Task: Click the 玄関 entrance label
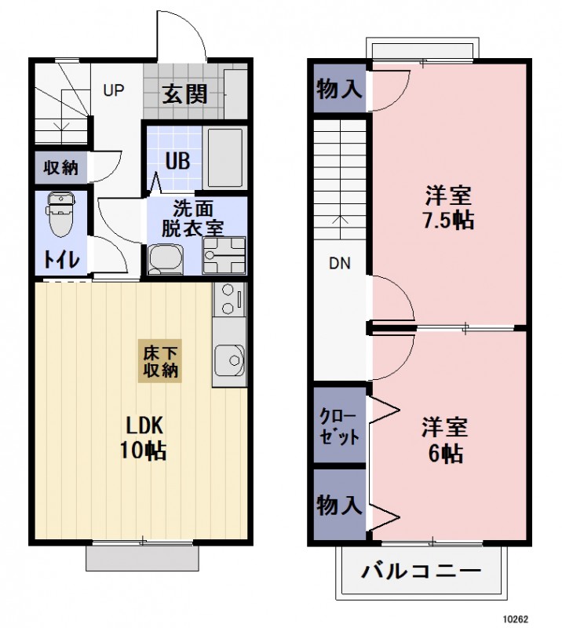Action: pyautogui.click(x=185, y=93)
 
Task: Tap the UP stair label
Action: pyautogui.click(x=115, y=90)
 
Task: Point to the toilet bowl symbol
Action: pyautogui.click(x=60, y=214)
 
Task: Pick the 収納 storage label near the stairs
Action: pyautogui.click(x=60, y=167)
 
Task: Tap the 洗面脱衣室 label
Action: pyautogui.click(x=192, y=219)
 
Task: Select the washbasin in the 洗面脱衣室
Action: pyautogui.click(x=165, y=258)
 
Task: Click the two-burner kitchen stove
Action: pyautogui.click(x=228, y=299)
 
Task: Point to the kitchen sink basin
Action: pyautogui.click(x=231, y=362)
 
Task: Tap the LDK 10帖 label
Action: pyautogui.click(x=145, y=437)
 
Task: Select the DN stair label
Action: pyautogui.click(x=339, y=264)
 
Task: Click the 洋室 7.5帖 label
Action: pyautogui.click(x=448, y=206)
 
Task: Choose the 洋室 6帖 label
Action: pyautogui.click(x=445, y=440)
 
